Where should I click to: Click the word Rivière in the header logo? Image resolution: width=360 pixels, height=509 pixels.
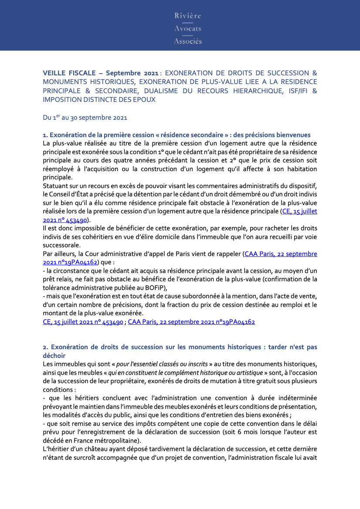[x=188, y=16]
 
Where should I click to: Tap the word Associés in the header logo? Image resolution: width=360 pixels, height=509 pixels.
[x=188, y=41]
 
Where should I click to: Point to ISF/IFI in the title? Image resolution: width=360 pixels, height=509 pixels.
[x=295, y=91]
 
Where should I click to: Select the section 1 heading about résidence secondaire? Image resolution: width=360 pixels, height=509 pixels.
[x=177, y=135]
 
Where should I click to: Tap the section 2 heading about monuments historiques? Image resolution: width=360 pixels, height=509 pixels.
[x=180, y=347]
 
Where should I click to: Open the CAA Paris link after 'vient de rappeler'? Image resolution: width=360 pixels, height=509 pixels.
[x=280, y=254]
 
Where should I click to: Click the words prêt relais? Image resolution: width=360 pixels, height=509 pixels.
[x=57, y=279]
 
